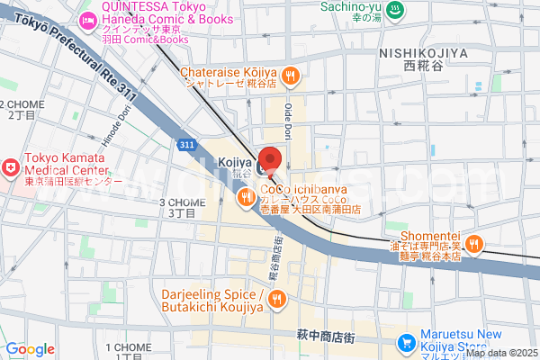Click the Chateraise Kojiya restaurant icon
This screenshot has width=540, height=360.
point(289,77)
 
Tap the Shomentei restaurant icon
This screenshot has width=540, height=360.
point(475,242)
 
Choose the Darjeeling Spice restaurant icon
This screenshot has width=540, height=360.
point(277,299)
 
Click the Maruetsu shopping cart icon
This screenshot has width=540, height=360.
point(407,342)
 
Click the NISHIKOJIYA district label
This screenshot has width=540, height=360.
point(423,54)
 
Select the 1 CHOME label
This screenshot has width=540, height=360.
point(129,347)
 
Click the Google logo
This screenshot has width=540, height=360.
point(30,349)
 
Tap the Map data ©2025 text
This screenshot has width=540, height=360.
point(500,352)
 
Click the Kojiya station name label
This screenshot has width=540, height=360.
point(234,160)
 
